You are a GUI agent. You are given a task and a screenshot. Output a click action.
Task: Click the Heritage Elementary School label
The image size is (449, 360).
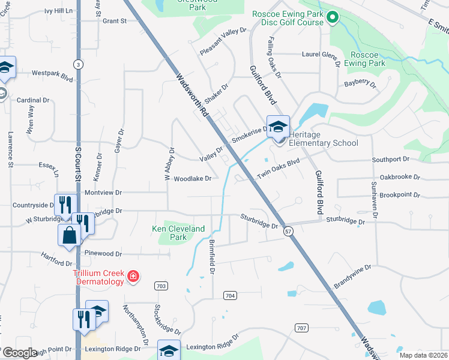[324, 139]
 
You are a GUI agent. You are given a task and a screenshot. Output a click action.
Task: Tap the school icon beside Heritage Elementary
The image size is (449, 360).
[278, 127]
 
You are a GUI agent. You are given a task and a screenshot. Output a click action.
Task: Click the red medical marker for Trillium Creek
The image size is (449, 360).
[133, 277]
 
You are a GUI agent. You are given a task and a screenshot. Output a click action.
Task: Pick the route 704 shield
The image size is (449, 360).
[229, 296]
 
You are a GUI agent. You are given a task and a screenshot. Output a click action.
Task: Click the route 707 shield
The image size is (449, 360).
[301, 327]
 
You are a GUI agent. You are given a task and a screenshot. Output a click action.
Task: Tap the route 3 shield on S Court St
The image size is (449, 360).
[77, 64]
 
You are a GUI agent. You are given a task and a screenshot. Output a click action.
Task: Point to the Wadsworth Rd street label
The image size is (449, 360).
[192, 95]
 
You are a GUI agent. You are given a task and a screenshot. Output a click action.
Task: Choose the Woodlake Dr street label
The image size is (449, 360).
[193, 179]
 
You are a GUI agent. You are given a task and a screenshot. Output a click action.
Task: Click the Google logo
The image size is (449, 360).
[19, 353]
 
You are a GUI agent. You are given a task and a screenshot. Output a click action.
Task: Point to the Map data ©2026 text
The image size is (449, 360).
[423, 355]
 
